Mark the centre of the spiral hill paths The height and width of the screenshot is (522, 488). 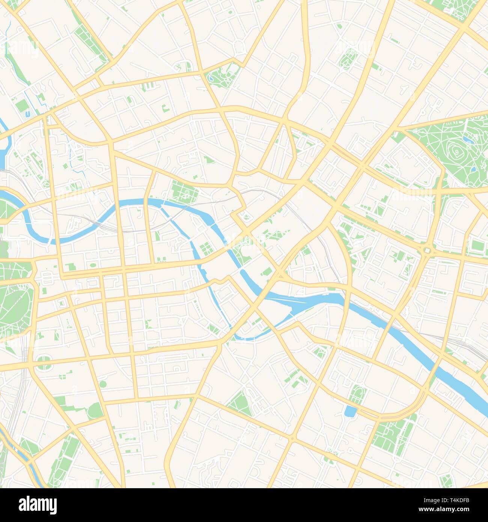click(456, 151)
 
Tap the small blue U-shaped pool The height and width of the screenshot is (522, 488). click(28, 113)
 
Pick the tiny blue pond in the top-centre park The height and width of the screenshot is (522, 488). click(211, 78)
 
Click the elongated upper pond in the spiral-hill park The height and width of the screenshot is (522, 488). click(468, 140)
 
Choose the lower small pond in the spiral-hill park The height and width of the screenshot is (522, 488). click(474, 169)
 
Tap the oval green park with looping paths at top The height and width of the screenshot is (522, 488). click(348, 59)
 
